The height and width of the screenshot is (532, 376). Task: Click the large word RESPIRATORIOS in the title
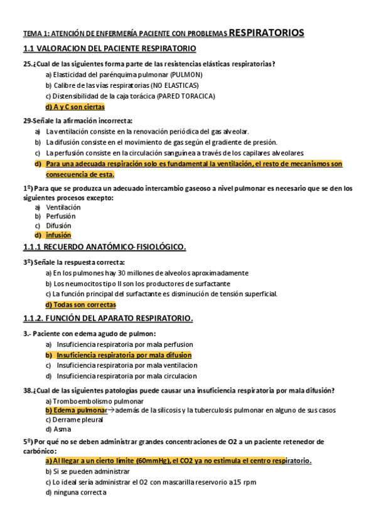(x=267, y=32)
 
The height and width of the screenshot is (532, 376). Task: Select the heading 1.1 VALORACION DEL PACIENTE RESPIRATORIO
(x=109, y=48)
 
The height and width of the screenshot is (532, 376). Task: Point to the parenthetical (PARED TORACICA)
(x=188, y=96)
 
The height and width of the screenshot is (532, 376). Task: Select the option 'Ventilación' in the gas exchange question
(x=63, y=207)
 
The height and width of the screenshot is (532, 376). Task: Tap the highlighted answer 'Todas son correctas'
(x=80, y=304)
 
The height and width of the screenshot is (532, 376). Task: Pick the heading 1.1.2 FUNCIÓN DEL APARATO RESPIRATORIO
(x=108, y=319)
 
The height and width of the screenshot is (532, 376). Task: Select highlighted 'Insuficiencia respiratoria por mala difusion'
(x=124, y=355)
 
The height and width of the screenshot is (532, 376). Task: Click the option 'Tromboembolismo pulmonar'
(x=94, y=400)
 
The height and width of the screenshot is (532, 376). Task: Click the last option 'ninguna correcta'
(x=80, y=492)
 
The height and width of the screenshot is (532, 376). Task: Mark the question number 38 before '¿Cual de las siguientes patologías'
(x=28, y=390)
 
